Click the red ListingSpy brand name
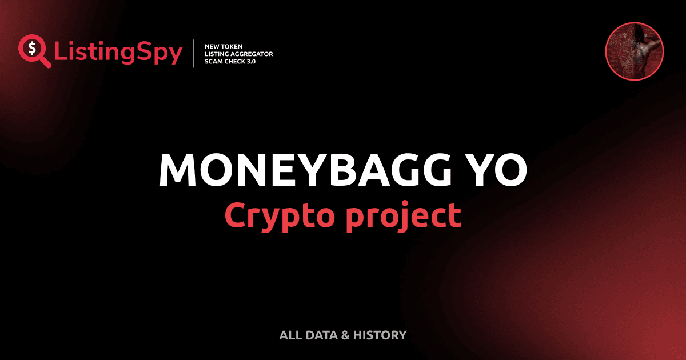point(118,53)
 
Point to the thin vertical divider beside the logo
point(196,54)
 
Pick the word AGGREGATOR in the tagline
point(252,54)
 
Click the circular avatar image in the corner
point(634,51)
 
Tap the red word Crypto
point(281,216)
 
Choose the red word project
point(404,216)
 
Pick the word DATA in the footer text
point(321,335)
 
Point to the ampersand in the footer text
point(345,335)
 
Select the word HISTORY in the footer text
point(380,335)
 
